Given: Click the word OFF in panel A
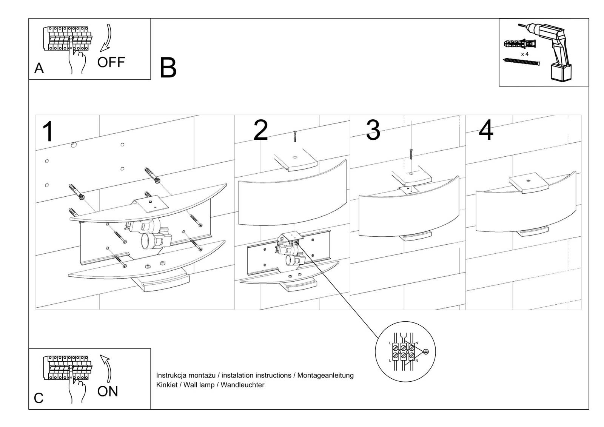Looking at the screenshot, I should tap(111, 62).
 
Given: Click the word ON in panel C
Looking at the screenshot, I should tap(108, 392).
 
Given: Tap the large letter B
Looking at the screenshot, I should tap(168, 68).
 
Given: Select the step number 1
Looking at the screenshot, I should tap(48, 131).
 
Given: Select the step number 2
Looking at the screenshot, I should tap(260, 130).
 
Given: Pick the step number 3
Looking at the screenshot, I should tap(373, 130).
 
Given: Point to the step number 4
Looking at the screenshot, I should tap(486, 130).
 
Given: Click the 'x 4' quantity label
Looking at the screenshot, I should tap(525, 54).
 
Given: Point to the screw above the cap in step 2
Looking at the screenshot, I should tap(294, 136).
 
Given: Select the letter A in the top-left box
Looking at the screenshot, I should tap(39, 68).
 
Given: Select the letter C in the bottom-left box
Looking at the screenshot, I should tap(39, 398).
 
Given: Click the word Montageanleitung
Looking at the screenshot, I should tap(325, 375).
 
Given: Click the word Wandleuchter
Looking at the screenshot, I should tap(242, 385).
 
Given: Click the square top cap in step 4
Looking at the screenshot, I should tap(528, 183).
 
